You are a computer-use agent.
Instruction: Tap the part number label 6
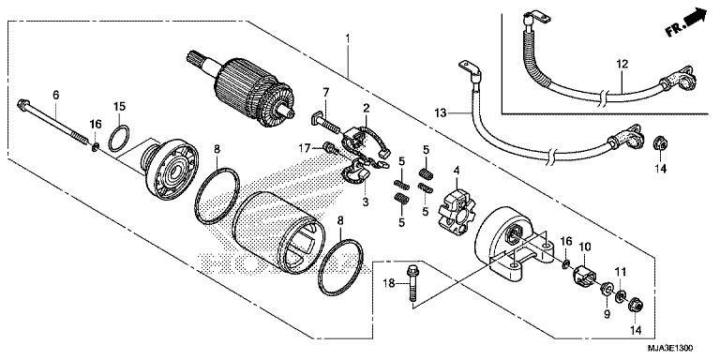coord(55,95)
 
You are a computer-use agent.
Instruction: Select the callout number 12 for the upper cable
coord(620,65)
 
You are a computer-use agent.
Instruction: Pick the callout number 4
coord(457,170)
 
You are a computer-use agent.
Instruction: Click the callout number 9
coord(605,315)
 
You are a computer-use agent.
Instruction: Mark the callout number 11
coord(620,271)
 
